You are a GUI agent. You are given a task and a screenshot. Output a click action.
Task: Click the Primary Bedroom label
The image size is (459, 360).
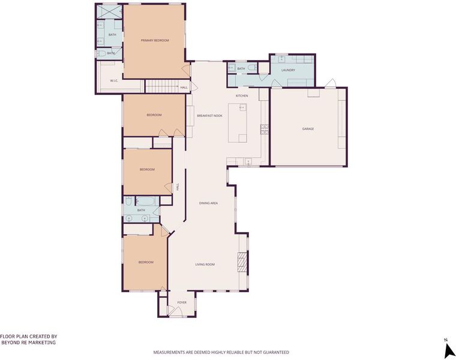pos(155,40)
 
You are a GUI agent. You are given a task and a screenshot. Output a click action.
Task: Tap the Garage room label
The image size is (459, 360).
pos(308,129)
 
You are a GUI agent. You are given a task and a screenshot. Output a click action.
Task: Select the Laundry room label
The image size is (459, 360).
pos(288,70)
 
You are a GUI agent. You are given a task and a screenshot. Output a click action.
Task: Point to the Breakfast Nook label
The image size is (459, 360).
pos(209,116)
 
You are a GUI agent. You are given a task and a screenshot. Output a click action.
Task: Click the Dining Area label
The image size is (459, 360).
pos(208,203)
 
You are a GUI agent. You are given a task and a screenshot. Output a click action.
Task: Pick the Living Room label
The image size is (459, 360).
pos(205,265)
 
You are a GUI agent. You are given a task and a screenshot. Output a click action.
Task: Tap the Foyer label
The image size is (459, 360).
pos(182,302)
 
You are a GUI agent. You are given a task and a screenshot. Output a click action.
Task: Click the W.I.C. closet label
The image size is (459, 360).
pos(114,80)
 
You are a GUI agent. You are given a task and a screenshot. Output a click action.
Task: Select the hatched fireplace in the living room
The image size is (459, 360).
pos(242,263)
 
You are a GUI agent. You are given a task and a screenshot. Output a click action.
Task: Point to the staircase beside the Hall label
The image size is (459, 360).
pos(162,86)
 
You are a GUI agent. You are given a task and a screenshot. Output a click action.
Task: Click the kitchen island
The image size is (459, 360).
pos(238,122)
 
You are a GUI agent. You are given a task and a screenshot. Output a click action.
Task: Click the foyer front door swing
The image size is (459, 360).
pos(172,311)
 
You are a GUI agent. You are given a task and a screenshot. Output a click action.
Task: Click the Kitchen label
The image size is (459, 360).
pos(242,96)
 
